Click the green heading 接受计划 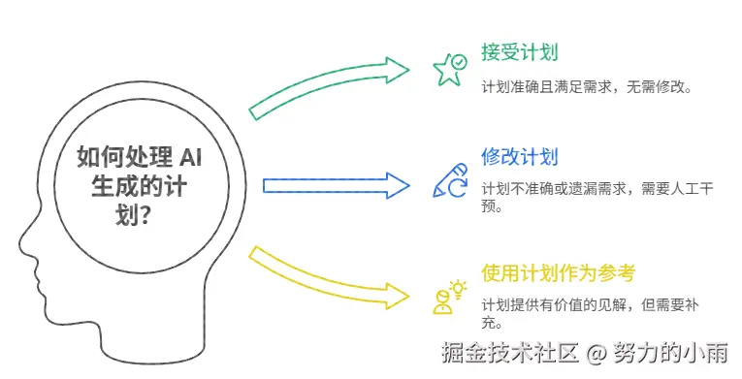pos(520,52)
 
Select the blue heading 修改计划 pos(520,157)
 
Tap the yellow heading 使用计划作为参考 pos(558,273)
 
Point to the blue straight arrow pos(336,185)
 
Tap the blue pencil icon pos(449,180)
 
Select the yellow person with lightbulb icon pos(449,297)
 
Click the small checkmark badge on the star pos(459,62)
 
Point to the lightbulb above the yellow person pos(458,289)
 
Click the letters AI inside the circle pos(191,157)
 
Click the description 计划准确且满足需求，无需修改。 pos(587,87)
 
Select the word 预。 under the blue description pos(492,206)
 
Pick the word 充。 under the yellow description pos(492,323)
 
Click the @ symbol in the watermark pos(597,353)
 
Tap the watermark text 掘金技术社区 pos(510,353)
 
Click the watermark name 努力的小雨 pos(670,353)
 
